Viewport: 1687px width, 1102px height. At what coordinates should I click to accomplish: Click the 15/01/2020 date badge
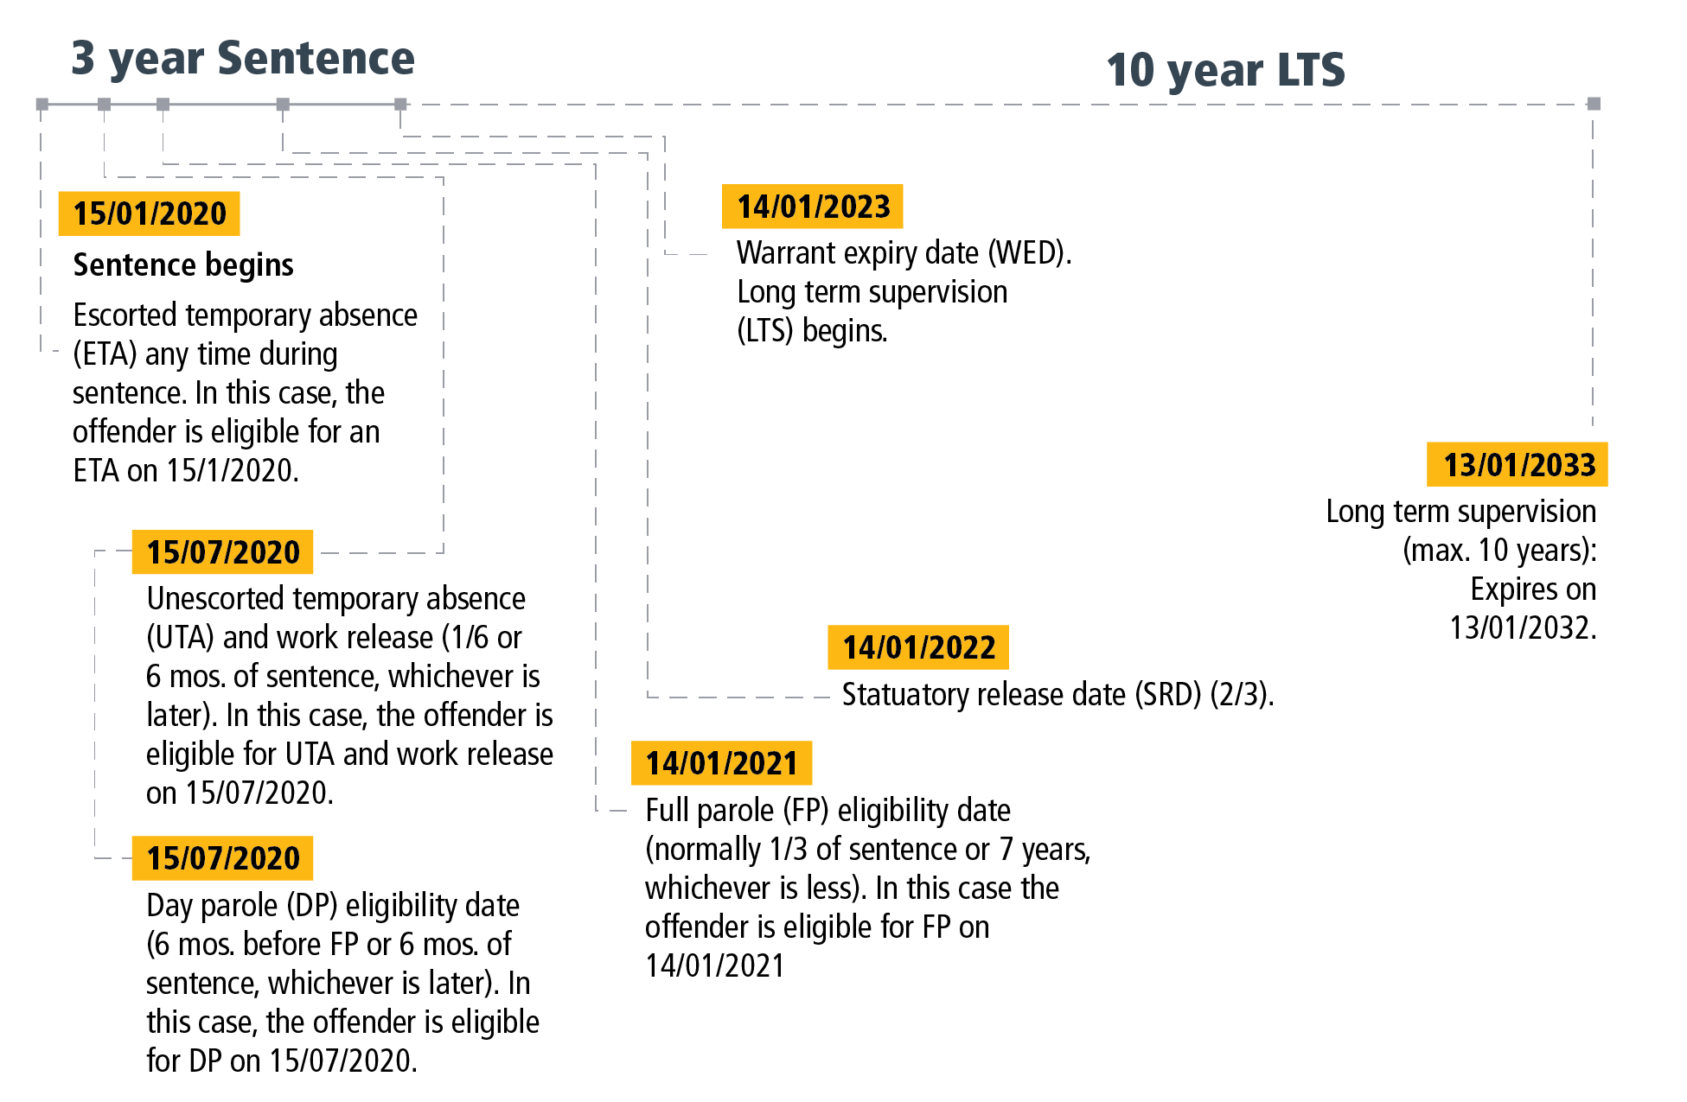(x=149, y=213)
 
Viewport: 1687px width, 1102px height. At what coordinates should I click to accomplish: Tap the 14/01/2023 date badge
(x=813, y=207)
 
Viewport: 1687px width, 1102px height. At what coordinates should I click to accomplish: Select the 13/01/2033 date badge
(x=1518, y=465)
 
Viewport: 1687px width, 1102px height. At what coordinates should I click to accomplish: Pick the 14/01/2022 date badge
(x=918, y=647)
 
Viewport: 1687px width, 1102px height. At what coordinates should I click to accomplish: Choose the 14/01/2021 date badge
(x=721, y=763)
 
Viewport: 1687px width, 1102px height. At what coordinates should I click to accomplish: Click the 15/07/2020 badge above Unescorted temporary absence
(x=222, y=552)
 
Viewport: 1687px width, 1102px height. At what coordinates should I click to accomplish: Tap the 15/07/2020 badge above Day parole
(x=222, y=858)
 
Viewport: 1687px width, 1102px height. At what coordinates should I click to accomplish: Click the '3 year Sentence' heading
(x=242, y=59)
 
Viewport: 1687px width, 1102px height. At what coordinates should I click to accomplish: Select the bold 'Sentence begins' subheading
(x=183, y=264)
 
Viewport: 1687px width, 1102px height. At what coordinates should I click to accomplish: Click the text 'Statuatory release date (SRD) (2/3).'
(x=1058, y=695)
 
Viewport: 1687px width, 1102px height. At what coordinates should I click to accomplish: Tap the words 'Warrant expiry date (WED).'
(x=904, y=253)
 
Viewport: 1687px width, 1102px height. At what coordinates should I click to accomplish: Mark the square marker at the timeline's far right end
(x=1594, y=104)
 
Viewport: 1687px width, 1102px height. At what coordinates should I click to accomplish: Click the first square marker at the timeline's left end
(x=42, y=105)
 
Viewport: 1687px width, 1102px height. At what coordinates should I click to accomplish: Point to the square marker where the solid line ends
(x=400, y=105)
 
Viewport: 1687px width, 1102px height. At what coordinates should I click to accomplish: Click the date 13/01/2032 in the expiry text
(x=1522, y=628)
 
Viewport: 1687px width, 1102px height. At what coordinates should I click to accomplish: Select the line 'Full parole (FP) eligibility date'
(x=828, y=811)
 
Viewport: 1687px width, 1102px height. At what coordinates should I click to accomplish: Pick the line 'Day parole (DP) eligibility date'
(x=333, y=906)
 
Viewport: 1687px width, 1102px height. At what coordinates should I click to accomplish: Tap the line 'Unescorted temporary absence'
(x=335, y=599)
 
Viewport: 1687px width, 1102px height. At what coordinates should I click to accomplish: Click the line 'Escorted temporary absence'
(x=246, y=315)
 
